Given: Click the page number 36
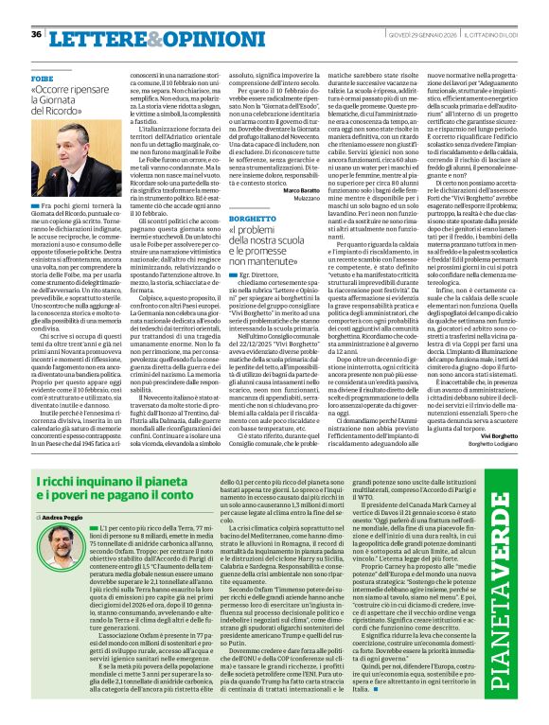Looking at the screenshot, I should click(37, 34).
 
